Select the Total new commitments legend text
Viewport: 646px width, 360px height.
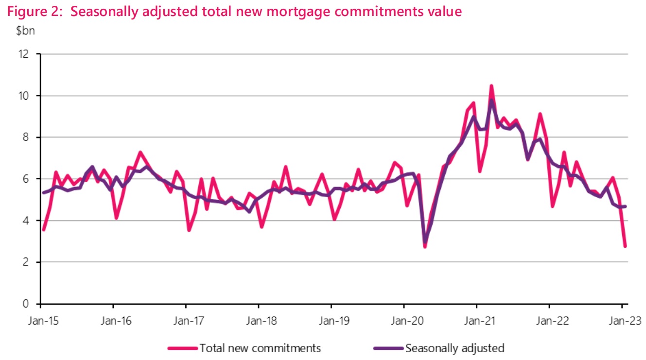click(260, 348)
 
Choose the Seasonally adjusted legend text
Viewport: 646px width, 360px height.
click(455, 348)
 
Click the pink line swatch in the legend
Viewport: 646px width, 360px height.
click(183, 348)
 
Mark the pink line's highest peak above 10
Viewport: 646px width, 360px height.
click(491, 86)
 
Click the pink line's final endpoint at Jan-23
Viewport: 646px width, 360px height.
click(625, 246)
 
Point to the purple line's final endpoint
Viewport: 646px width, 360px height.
click(625, 206)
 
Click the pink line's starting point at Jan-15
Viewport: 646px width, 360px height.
click(44, 230)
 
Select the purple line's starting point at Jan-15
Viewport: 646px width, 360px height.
click(44, 193)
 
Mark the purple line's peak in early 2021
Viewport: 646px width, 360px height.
click(491, 101)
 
